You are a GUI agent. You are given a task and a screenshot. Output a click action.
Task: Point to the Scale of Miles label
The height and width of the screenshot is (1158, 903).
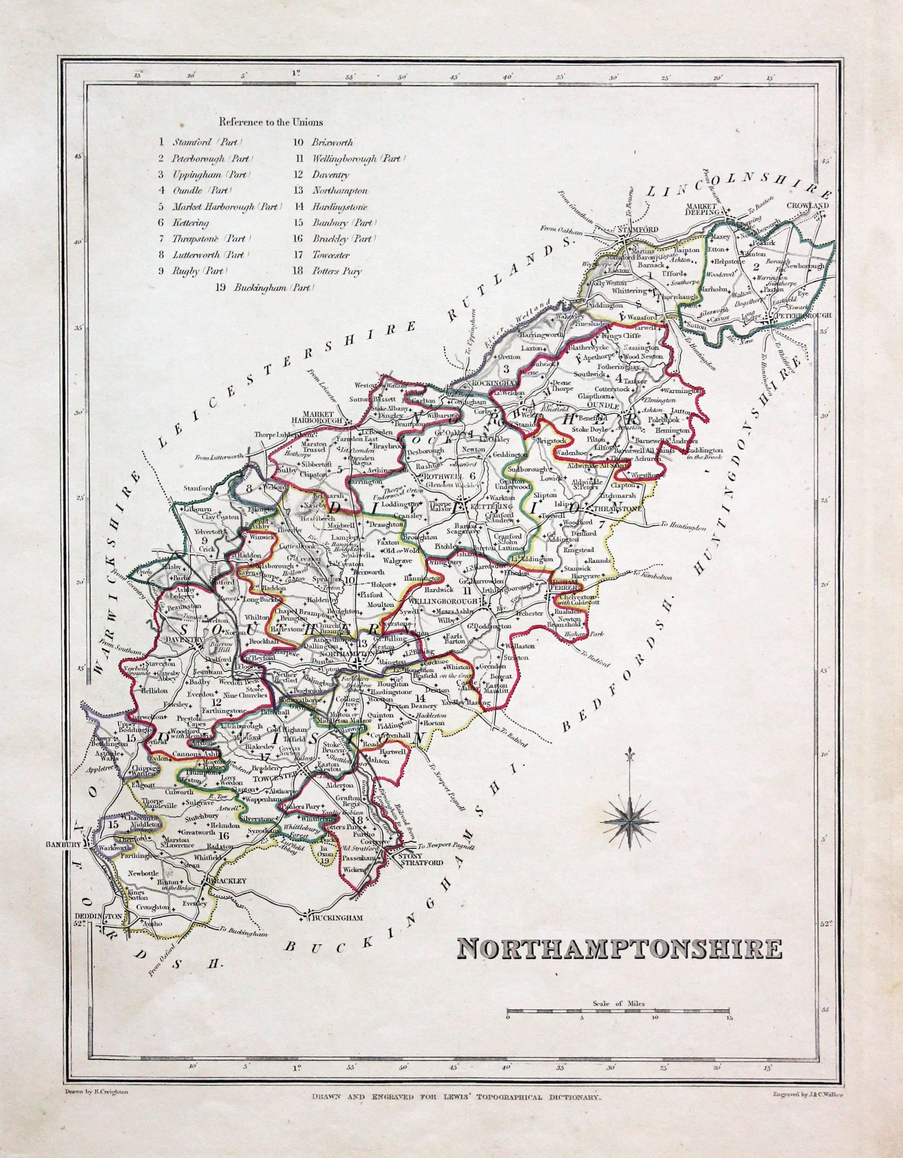[x=618, y=1003]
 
